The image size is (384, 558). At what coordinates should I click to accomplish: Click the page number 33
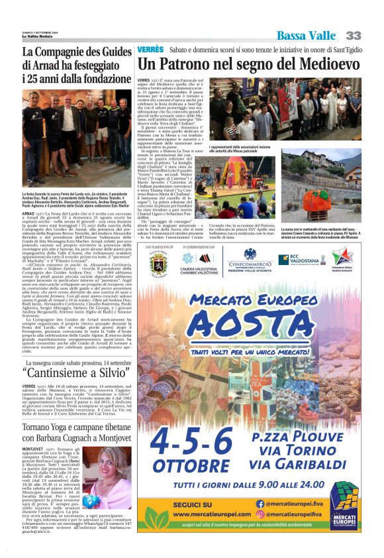pyautogui.click(x=354, y=34)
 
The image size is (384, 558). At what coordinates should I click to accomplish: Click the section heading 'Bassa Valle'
pyautogui.click(x=307, y=35)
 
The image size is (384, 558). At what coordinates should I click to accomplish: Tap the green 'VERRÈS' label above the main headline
pyautogui.click(x=150, y=50)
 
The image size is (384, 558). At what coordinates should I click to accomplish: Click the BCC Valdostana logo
pyautogui.click(x=307, y=257)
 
